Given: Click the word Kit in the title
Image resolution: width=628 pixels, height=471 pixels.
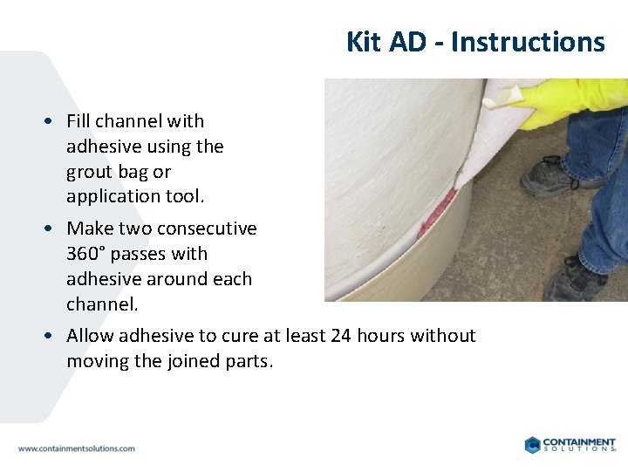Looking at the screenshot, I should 364,42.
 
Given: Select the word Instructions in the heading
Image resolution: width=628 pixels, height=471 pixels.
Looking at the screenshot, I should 528,42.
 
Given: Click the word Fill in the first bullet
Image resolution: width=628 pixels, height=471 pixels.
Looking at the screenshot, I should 81,121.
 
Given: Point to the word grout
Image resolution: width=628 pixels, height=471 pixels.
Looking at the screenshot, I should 90,172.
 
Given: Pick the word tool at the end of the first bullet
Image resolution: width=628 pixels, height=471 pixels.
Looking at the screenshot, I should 186,197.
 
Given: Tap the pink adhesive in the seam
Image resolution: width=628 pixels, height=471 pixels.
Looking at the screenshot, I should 434,215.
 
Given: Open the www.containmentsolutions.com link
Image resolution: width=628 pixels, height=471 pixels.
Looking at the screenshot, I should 77,448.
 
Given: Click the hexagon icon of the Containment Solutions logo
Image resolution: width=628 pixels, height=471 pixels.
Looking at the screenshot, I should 533,445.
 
